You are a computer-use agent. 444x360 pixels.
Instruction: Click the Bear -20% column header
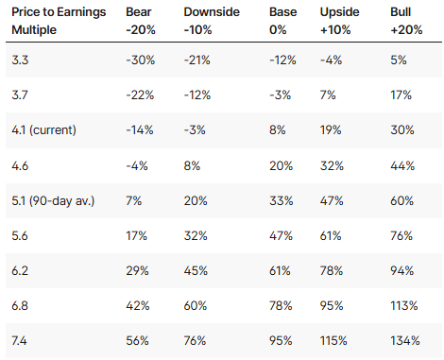(x=141, y=21)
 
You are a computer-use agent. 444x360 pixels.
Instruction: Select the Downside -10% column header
(x=212, y=21)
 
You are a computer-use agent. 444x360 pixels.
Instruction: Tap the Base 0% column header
(x=282, y=21)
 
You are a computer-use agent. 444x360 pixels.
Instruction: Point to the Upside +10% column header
(x=339, y=21)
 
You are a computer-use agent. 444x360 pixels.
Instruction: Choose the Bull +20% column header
(x=406, y=21)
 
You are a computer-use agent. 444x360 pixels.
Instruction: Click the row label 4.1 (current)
(x=43, y=130)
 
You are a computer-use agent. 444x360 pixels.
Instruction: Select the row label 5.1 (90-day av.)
(x=53, y=201)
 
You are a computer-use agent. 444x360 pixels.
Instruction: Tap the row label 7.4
(x=19, y=340)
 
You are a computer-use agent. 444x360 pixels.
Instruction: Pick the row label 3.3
(x=20, y=60)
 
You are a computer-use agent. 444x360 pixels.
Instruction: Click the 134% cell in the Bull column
(x=405, y=340)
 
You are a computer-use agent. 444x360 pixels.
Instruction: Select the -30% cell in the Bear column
(x=141, y=60)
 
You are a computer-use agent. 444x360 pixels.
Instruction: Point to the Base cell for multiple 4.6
(x=281, y=165)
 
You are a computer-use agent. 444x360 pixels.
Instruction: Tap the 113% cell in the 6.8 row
(x=404, y=305)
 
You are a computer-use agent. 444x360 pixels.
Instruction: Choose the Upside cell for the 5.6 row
(x=331, y=235)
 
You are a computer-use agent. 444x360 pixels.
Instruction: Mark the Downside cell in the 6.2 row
(x=196, y=270)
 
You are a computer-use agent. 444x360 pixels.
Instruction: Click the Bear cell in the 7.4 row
(x=137, y=340)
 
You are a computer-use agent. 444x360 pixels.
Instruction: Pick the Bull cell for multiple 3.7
(x=401, y=94)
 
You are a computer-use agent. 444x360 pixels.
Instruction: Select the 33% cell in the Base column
(x=281, y=201)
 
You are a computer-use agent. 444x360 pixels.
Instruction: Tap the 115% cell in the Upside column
(x=333, y=340)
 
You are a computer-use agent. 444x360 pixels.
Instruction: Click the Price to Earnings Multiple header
(x=59, y=21)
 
